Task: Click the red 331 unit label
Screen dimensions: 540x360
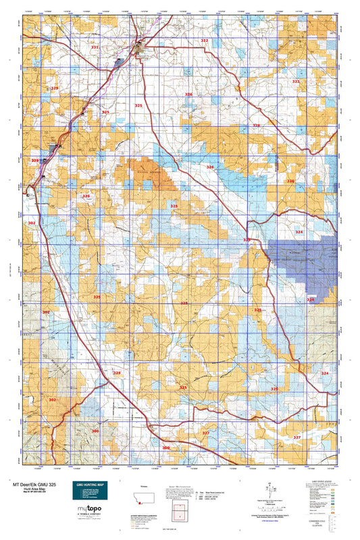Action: click(95, 47)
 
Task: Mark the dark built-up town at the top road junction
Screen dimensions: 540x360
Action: click(140, 48)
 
